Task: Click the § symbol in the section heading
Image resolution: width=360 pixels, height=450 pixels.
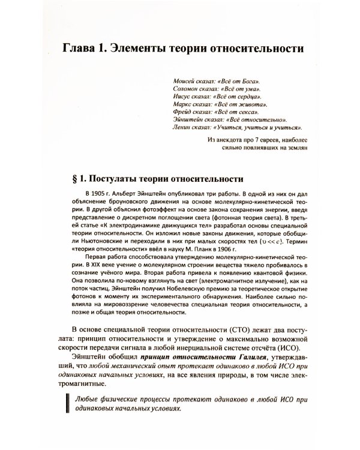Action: click(74, 179)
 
